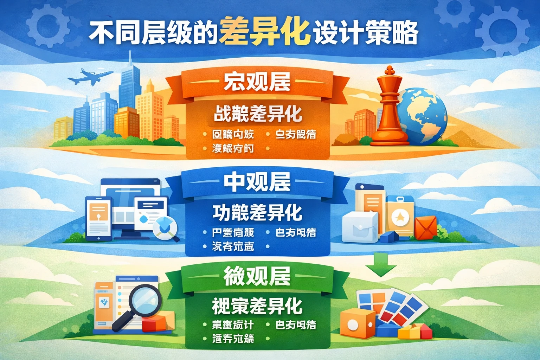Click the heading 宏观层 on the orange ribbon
[x=257, y=82]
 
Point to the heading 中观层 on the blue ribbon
[x=257, y=182]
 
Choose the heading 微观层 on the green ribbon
[x=257, y=276]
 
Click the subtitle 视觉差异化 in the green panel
[x=257, y=306]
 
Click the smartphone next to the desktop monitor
[x=98, y=218]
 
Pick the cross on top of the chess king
[x=389, y=70]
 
